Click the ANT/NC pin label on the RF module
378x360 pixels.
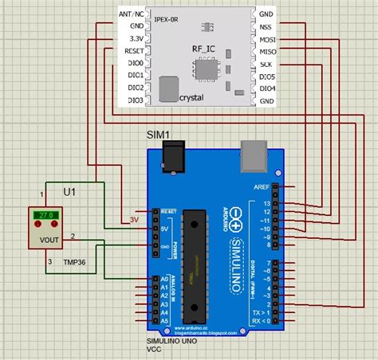pos(131,14)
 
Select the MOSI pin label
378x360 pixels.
pos(267,37)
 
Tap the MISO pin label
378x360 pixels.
pos(267,50)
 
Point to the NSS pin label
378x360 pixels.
pos(266,25)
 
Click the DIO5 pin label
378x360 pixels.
pos(267,76)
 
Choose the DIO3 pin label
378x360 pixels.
pos(135,100)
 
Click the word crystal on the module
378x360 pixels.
pos(191,96)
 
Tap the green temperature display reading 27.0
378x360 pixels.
pos(41,215)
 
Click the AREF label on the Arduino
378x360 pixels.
pos(260,186)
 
